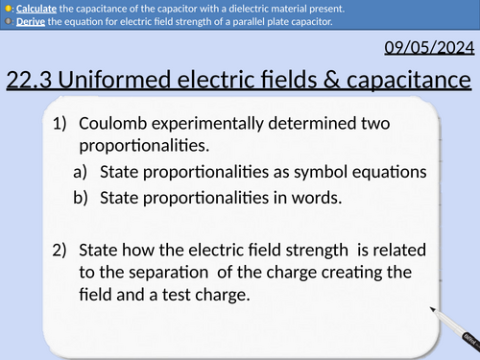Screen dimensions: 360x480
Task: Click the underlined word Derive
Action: coord(27,23)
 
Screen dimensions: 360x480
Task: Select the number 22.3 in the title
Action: coord(29,82)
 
